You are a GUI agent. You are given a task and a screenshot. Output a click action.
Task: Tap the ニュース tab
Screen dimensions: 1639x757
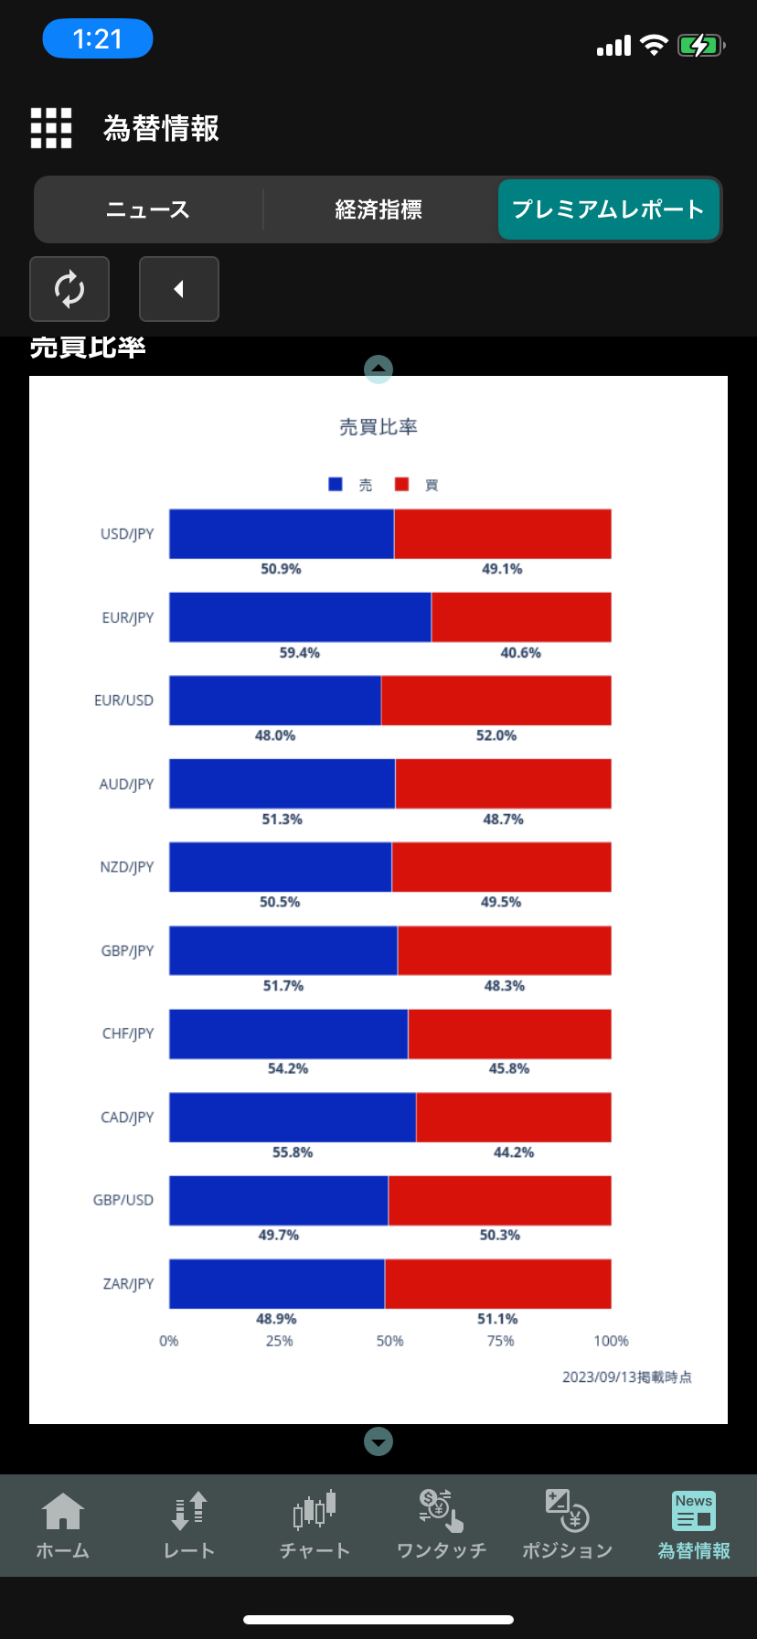pos(148,209)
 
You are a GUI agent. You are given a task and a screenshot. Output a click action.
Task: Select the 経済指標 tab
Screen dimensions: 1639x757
pos(378,209)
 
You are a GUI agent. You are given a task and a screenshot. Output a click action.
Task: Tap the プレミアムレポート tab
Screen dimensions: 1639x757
pos(609,209)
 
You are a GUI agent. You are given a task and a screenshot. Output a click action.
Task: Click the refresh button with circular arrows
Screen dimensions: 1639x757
pos(69,289)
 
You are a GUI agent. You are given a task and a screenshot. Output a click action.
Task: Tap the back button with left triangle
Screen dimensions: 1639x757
pos(179,289)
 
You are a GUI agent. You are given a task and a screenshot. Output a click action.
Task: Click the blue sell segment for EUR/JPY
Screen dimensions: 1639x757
pos(300,617)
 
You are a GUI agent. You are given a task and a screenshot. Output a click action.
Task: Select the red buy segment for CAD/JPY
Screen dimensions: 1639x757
pos(513,1117)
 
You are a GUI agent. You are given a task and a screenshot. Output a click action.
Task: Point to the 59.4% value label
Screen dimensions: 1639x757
pos(300,653)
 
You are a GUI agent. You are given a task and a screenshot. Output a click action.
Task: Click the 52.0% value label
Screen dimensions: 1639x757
pos(496,735)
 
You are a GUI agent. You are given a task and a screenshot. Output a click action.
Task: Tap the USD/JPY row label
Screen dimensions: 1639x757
pos(127,534)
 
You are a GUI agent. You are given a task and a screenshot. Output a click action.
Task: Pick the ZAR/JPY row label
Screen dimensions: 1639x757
pos(128,1284)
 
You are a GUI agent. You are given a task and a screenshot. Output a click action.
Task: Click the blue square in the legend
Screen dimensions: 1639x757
pos(336,485)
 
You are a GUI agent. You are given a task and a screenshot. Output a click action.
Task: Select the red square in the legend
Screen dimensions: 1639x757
pos(401,485)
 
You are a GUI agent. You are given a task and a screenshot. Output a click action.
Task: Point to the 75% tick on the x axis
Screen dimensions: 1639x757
pos(500,1341)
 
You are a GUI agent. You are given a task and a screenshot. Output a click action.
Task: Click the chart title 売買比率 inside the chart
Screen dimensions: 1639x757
pos(378,427)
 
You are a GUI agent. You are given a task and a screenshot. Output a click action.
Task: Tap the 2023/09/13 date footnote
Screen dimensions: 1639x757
pos(626,1377)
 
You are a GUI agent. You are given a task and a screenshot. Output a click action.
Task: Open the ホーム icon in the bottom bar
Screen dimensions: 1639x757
pos(62,1525)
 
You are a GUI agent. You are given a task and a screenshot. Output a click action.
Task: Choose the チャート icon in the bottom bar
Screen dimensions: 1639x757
pos(315,1525)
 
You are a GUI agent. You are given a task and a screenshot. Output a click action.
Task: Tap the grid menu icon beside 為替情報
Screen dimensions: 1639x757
pos(51,128)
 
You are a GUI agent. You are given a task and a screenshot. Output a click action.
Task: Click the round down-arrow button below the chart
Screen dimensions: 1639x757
pos(378,1441)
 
